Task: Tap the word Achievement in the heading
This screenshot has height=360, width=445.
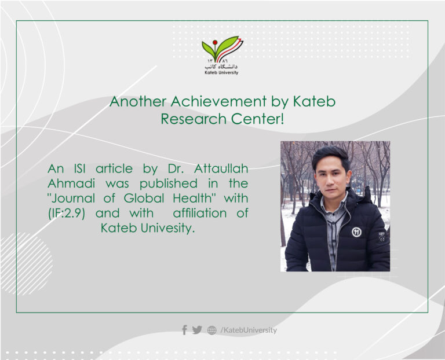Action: click(222, 102)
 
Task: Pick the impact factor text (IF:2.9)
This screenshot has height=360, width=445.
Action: click(68, 213)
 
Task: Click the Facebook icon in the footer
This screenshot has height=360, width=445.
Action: click(184, 330)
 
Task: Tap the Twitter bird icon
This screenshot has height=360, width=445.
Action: click(197, 330)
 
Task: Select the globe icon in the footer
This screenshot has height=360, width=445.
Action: click(212, 330)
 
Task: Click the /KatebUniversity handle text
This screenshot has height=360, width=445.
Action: click(249, 330)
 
